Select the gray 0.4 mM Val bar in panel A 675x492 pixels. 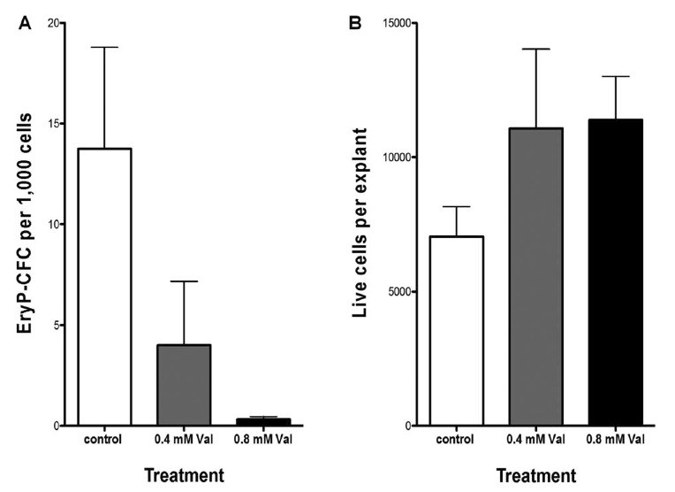[x=184, y=385]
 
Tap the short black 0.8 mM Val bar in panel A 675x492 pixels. [x=263, y=421]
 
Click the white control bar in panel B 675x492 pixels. [x=456, y=331]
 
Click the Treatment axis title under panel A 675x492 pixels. [x=183, y=475]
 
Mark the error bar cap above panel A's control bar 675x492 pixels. [x=104, y=47]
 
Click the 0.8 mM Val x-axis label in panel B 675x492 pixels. [x=615, y=439]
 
